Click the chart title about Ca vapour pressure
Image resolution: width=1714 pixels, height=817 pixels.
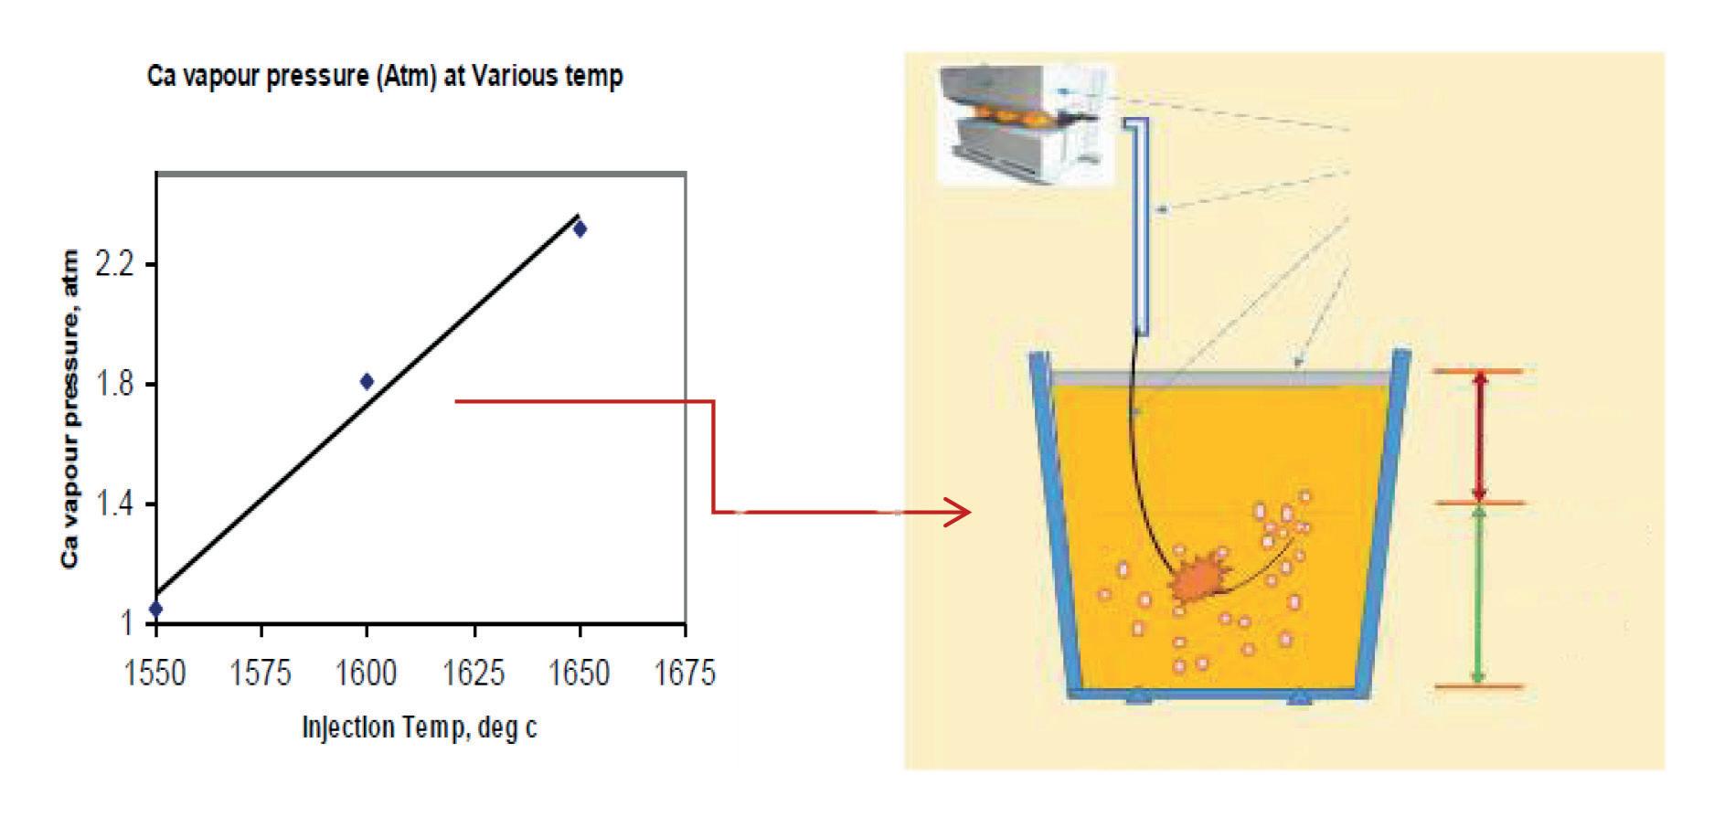point(385,76)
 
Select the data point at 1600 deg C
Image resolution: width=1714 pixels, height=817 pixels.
point(367,381)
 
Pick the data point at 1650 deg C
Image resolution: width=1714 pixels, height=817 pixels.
point(580,228)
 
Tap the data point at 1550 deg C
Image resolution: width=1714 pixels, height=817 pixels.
point(155,609)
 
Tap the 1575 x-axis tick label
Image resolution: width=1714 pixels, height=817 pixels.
point(261,674)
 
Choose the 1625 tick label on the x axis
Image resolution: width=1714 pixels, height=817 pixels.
point(474,674)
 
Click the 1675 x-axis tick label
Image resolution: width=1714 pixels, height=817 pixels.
point(685,674)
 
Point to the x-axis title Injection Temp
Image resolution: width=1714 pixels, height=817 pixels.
point(420,728)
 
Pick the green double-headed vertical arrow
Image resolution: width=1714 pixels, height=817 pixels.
point(1478,594)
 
